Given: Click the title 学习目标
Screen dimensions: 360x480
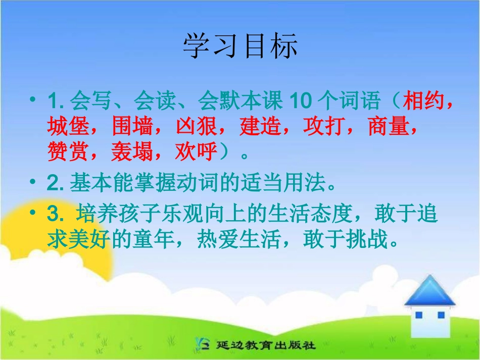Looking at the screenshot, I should (240, 46).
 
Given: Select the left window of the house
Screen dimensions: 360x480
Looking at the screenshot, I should (419, 315).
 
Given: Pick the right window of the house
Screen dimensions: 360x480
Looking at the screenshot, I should (441, 315).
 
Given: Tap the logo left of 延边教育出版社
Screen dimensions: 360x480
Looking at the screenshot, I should (203, 344).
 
